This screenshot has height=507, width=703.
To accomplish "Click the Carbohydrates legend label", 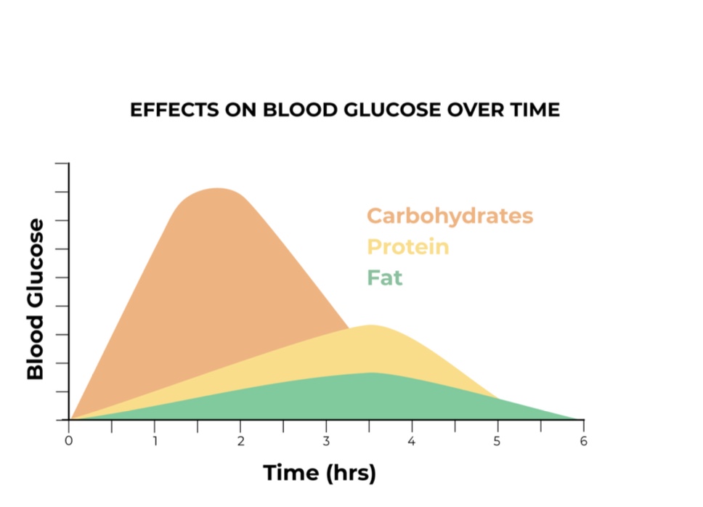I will coord(450,216).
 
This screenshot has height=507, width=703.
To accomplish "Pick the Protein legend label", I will coord(407,247).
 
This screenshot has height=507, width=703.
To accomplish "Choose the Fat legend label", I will coord(384,278).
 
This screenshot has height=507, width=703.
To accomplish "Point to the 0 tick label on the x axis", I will coord(69,440).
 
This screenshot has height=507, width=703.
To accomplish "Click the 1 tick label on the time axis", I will coord(155,440).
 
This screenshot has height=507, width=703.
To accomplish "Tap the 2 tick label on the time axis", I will coord(240,440).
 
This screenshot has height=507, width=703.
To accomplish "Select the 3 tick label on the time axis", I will coord(326,440).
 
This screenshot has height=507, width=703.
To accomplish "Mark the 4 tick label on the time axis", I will coord(412,440).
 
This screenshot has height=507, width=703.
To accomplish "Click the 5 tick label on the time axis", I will coord(497,440).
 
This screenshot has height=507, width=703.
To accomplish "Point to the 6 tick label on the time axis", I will coord(583,440).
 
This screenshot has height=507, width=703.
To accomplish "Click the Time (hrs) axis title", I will coord(320,473).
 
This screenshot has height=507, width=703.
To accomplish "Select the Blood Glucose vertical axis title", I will coord(35,299).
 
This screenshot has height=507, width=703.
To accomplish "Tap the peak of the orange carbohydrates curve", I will coord(217,189).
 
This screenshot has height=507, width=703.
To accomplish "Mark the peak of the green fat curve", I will coord(372,373).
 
